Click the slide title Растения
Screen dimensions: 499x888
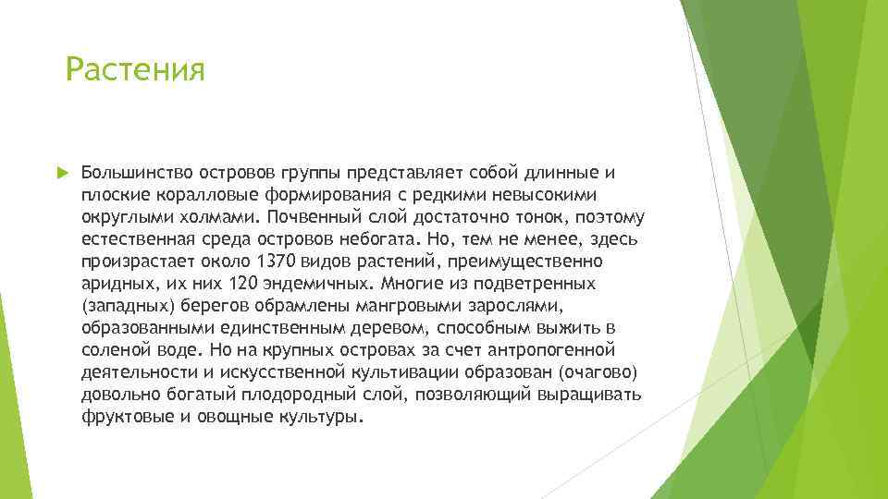coord(135,69)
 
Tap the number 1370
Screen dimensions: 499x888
coord(278,262)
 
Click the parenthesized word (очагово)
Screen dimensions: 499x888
coord(598,372)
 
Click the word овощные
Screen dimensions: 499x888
coord(231,417)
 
